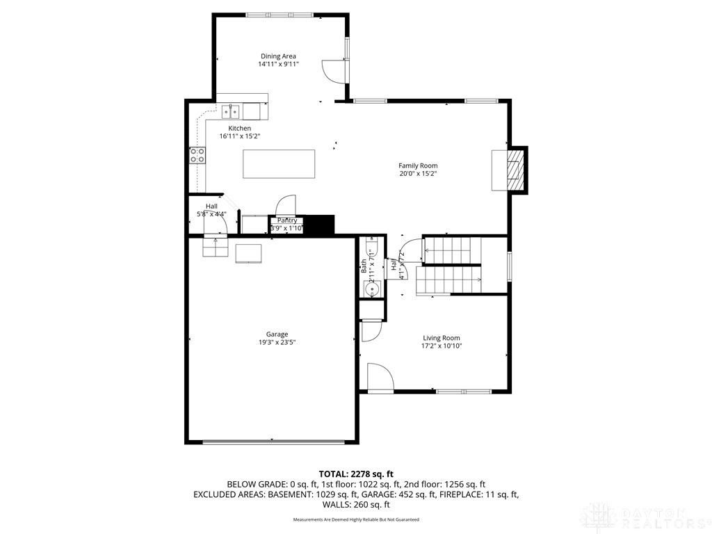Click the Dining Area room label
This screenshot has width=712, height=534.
tap(278, 56)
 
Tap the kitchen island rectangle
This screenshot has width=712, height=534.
tap(279, 165)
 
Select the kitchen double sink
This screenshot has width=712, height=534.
tap(232, 111)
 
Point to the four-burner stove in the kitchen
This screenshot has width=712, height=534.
tap(197, 155)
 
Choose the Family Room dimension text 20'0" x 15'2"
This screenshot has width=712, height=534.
tap(418, 174)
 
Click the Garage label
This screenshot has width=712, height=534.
tap(277, 334)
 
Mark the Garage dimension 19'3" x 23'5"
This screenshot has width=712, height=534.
tap(277, 342)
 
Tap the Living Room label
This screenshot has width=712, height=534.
tap(442, 338)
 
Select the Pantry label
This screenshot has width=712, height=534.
tap(287, 220)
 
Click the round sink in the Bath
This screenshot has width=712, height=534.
tap(369, 289)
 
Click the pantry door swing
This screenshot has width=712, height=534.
tap(286, 206)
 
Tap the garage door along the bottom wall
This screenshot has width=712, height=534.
tap(273, 442)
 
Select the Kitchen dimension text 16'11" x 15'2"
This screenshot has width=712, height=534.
tap(240, 136)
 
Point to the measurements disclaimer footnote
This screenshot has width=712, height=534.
tap(356, 519)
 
